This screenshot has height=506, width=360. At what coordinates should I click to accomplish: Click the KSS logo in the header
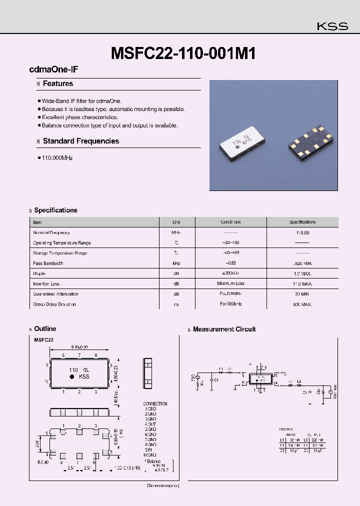click(332, 26)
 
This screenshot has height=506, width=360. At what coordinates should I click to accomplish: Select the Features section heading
click(57, 83)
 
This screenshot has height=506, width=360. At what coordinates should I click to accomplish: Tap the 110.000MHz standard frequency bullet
click(57, 157)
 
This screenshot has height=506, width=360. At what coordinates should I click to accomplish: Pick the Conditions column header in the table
click(230, 222)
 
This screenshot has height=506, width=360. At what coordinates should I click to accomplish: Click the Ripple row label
click(39, 273)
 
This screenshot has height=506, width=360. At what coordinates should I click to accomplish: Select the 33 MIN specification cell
click(302, 294)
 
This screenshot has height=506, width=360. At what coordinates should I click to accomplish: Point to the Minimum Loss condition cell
click(230, 283)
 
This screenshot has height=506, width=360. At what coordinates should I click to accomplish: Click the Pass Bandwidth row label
click(48, 263)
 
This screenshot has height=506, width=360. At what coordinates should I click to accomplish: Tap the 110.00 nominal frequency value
click(302, 232)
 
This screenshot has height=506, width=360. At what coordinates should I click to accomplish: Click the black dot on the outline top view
click(71, 376)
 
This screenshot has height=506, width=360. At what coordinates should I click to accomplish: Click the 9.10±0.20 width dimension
click(80, 346)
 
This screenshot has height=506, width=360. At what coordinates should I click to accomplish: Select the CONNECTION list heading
click(155, 403)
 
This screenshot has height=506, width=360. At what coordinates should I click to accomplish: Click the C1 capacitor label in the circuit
click(216, 380)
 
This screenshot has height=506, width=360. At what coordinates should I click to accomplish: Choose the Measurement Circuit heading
click(224, 329)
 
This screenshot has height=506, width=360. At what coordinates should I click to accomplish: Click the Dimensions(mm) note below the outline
click(162, 485)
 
